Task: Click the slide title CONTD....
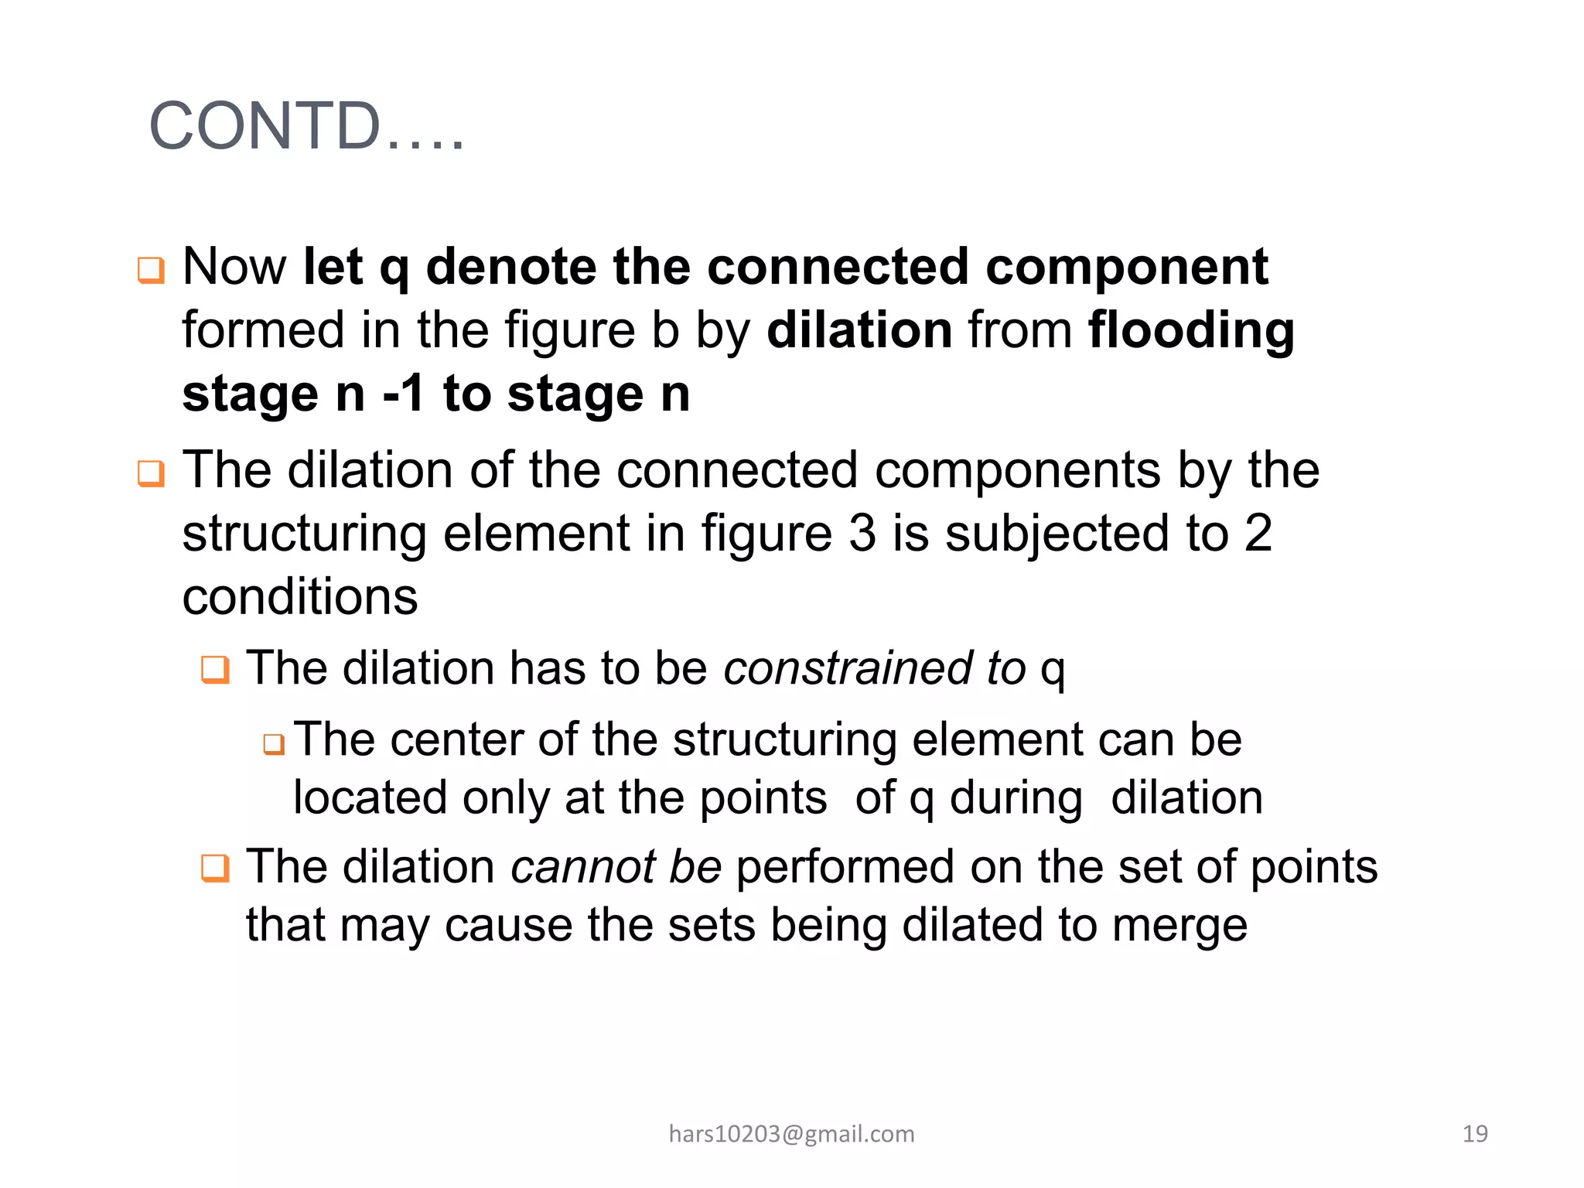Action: [x=306, y=126]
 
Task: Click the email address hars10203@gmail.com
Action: [x=791, y=1134]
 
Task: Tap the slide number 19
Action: [x=1475, y=1134]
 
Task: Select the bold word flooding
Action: [x=1191, y=331]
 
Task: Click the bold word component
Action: [x=1126, y=268]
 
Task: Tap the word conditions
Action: [x=300, y=597]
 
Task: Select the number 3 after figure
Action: [x=862, y=533]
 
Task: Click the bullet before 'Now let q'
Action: [x=151, y=271]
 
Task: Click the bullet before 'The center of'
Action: [x=274, y=744]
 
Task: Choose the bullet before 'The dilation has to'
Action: [x=215, y=670]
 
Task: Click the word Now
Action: [x=234, y=268]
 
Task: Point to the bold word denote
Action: [x=510, y=268]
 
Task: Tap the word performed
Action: [x=845, y=868]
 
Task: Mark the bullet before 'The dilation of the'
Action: [x=151, y=473]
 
